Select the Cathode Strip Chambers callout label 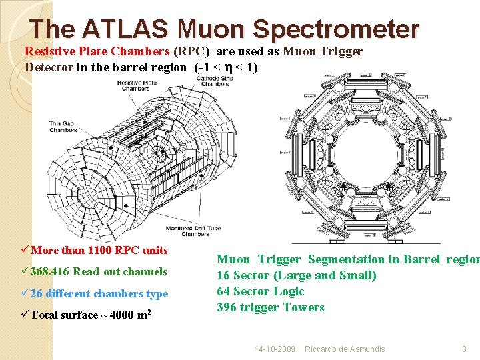[x=214, y=81]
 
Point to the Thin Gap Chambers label [x=63, y=127]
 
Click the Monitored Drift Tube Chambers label [x=195, y=231]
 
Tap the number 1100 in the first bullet [x=97, y=251]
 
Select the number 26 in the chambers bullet [x=37, y=293]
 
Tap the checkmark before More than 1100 [x=25, y=251]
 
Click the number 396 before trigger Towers [x=227, y=307]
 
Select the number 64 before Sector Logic [x=223, y=291]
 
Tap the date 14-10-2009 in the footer [x=275, y=349]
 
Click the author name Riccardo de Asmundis [x=344, y=349]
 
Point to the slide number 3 [x=464, y=349]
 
